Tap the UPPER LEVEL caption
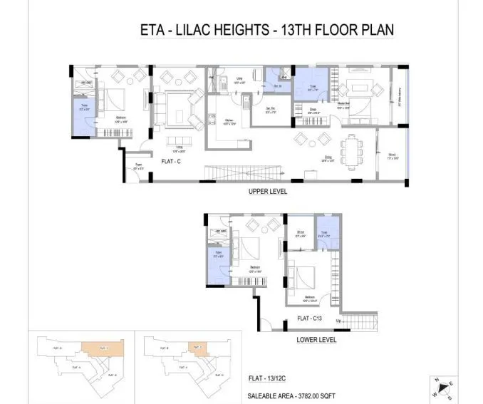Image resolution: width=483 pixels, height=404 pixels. pyautogui.click(x=268, y=191)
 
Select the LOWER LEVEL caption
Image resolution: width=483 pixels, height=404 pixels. pyautogui.click(x=316, y=340)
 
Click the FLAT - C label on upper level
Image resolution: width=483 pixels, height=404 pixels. pyautogui.click(x=172, y=161)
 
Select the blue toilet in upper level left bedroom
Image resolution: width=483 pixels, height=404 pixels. pyautogui.click(x=85, y=115)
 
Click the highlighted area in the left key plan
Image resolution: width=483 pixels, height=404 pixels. pyautogui.click(x=107, y=351)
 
